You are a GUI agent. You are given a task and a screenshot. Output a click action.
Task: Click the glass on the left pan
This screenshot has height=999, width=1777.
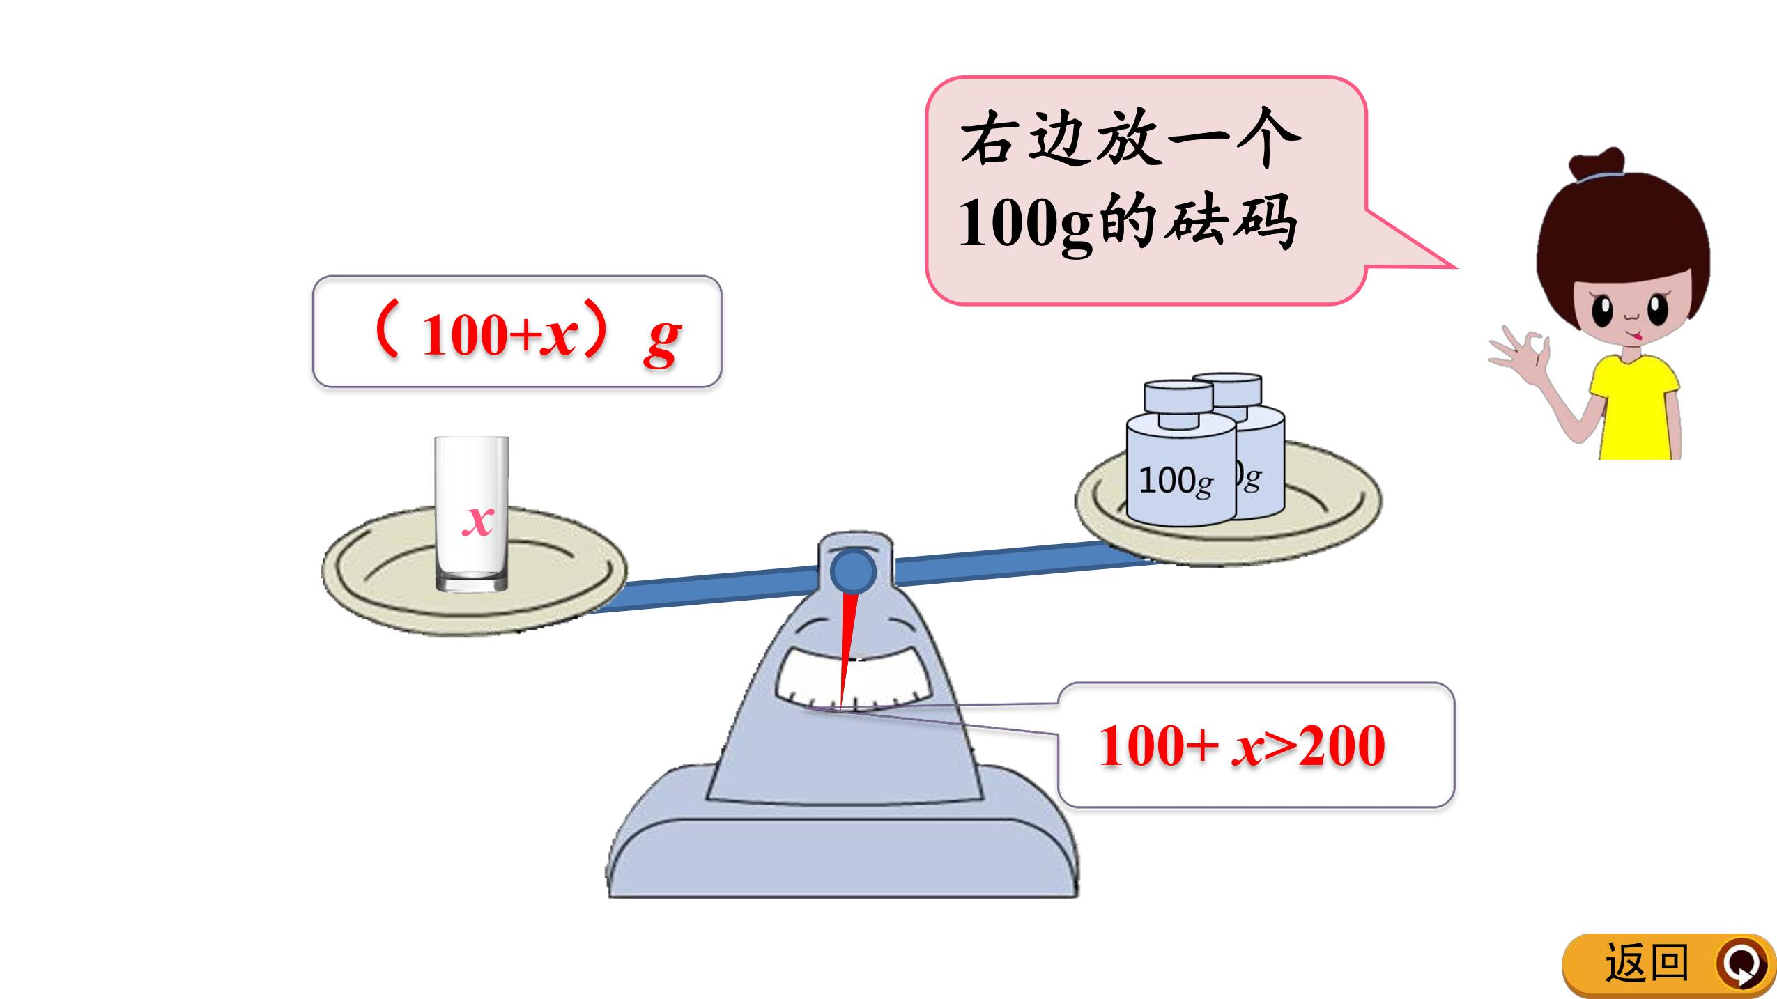coord(472,514)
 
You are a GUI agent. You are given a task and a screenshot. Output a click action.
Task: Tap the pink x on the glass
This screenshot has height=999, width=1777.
coord(478,519)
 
